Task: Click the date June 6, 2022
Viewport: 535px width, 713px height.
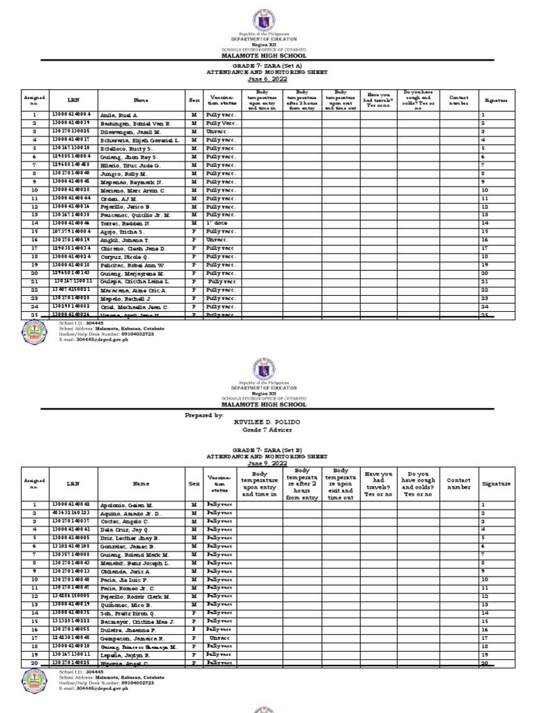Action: [267, 80]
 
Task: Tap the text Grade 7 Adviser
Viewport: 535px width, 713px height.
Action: [267, 431]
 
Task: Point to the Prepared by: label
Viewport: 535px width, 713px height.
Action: [204, 414]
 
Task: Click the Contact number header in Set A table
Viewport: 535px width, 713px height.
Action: [458, 101]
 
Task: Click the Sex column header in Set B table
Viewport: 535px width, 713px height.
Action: [194, 483]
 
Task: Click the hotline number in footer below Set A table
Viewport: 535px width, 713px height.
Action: [140, 334]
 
